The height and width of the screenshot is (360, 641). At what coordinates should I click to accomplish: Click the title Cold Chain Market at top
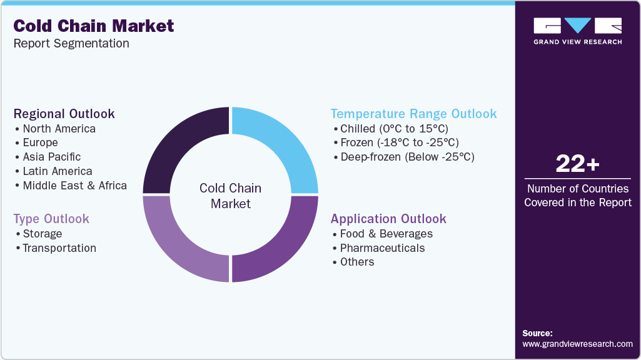point(94,26)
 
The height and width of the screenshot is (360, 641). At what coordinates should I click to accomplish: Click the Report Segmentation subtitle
point(71,44)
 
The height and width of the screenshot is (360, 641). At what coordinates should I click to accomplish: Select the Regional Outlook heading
point(64,114)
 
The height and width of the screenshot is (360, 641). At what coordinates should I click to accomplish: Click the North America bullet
point(59,129)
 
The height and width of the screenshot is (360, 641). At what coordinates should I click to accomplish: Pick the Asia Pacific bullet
point(51,157)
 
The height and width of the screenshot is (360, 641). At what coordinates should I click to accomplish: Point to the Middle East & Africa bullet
point(74,185)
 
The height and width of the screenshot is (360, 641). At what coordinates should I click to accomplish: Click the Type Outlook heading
point(51,219)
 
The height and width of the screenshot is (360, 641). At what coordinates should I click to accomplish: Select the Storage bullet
point(42,234)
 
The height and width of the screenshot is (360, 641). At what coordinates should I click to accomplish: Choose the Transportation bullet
point(59,248)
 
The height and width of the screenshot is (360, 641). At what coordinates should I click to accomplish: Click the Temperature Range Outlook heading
point(413,114)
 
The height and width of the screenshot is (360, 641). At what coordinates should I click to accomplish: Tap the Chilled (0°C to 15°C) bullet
point(394,129)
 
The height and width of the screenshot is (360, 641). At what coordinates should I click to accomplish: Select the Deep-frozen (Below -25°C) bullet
point(407,157)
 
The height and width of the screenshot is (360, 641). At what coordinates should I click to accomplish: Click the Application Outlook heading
point(388,219)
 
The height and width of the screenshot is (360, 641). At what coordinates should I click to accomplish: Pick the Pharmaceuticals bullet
point(382,248)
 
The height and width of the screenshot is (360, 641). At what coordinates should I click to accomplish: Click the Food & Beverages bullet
point(386,234)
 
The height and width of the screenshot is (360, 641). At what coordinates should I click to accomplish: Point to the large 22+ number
point(577,164)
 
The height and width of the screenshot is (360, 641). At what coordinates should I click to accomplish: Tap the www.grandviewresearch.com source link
point(577,344)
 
